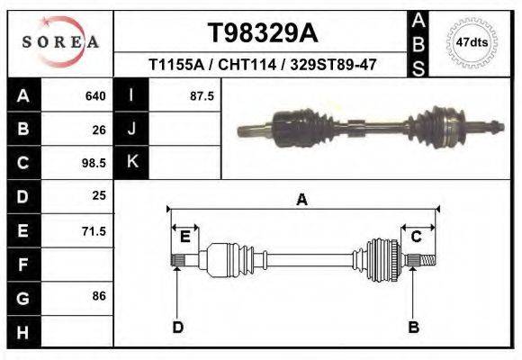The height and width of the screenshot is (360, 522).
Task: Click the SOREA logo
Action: click(x=59, y=42)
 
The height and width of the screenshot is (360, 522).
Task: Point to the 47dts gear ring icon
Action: click(x=472, y=41)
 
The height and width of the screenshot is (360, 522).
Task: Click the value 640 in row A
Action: click(x=95, y=95)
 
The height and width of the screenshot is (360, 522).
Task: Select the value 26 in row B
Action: click(x=99, y=130)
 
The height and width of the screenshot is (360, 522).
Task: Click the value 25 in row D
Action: click(x=99, y=195)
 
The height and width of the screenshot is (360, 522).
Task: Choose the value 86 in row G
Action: click(x=99, y=295)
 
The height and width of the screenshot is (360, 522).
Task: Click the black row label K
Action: click(x=132, y=162)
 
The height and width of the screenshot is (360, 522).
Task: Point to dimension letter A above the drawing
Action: click(x=301, y=200)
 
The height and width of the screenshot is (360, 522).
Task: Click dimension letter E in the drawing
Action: click(x=184, y=237)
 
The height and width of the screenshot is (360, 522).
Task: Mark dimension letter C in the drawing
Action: click(x=417, y=237)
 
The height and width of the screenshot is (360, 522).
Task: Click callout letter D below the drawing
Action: click(x=177, y=327)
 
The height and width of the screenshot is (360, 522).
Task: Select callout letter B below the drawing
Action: click(x=414, y=327)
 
